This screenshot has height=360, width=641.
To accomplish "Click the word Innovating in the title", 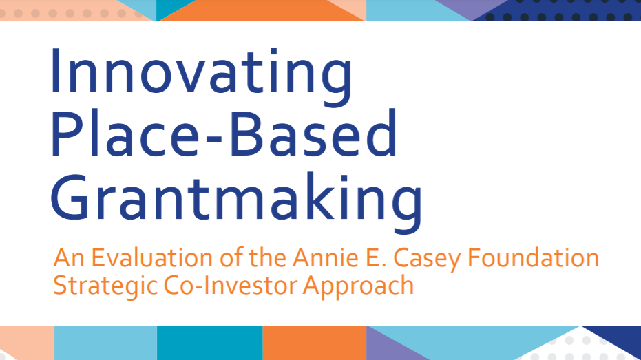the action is tap(201, 78).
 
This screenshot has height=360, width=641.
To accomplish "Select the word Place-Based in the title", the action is tap(223, 134).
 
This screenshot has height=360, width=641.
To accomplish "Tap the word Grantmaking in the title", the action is tap(236, 202).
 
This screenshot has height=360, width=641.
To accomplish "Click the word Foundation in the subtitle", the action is tap(533, 258).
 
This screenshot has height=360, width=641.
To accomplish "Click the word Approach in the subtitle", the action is tap(358, 286).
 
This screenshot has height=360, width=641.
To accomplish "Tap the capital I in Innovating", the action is tap(55, 71).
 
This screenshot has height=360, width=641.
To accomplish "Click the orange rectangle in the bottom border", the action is tap(314, 343).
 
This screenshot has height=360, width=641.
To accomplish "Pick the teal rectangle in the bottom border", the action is tap(210, 343).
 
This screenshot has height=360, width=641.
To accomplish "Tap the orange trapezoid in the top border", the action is tap(262, 10).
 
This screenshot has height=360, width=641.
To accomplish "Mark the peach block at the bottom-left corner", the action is tap(27, 342).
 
